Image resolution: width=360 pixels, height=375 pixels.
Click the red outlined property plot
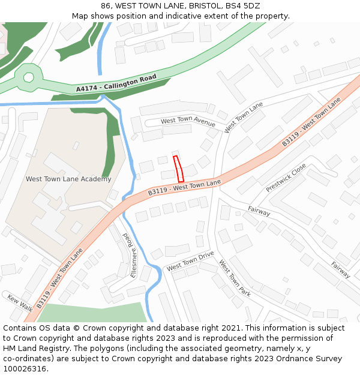(178, 169)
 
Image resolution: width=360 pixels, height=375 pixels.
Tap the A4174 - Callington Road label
(116, 83)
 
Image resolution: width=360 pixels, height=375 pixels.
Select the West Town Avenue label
(188, 122)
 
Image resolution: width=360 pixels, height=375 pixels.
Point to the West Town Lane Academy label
(68, 179)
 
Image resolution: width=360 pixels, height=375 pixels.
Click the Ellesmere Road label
(130, 255)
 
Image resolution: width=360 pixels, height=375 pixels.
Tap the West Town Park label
(235, 278)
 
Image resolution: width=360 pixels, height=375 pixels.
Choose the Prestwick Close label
(286, 178)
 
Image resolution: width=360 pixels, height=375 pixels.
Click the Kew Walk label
(19, 302)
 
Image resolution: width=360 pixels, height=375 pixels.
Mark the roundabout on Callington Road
(28, 77)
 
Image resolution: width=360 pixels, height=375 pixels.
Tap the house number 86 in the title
(107, 6)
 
